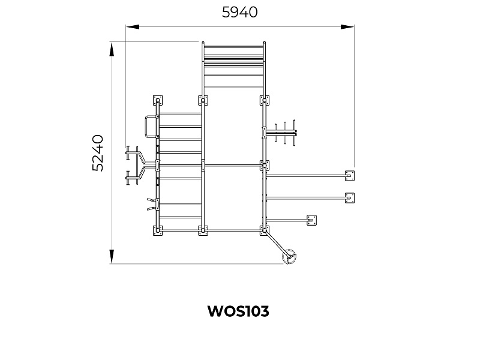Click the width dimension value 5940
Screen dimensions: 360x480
tap(239, 12)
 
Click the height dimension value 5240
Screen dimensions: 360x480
tap(98, 153)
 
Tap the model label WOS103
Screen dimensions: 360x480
tap(238, 311)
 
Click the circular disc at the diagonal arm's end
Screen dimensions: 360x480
tap(290, 256)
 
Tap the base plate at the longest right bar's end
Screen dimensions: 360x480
tap(349, 176)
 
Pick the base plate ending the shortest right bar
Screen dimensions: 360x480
tap(311, 220)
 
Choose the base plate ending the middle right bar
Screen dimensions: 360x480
tap(349, 197)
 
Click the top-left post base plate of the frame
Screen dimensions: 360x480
tap(158, 100)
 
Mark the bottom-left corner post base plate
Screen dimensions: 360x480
tap(158, 230)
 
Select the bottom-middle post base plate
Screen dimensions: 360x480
tap(203, 230)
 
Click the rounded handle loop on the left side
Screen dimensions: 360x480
tap(149, 127)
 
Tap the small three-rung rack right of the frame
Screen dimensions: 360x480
tap(284, 134)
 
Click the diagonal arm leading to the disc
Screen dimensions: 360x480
tap(277, 244)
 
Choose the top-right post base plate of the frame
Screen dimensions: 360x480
tap(264, 100)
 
